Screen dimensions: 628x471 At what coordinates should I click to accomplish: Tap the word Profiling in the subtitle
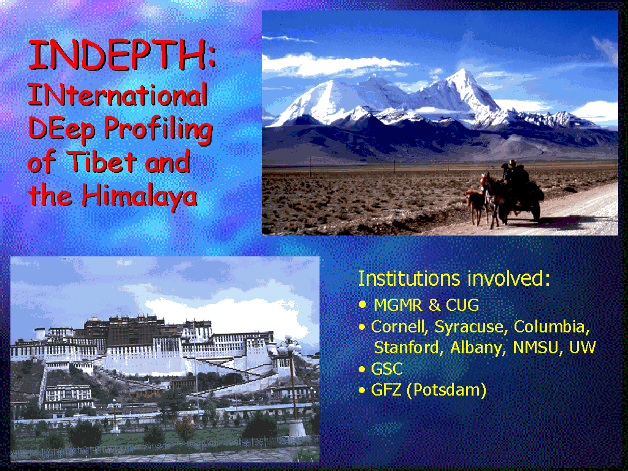click(158, 129)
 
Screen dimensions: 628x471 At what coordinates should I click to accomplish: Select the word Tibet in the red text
click(102, 161)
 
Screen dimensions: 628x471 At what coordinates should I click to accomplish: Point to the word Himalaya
click(139, 196)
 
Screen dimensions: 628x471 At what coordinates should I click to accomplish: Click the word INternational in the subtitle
click(117, 94)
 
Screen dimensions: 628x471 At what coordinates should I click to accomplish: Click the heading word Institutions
click(408, 278)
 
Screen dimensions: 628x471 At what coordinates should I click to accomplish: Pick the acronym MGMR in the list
click(398, 305)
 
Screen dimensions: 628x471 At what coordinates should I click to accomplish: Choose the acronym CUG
click(462, 305)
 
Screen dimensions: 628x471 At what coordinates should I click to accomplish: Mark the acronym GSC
click(386, 369)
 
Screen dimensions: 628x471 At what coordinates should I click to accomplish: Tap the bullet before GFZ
click(362, 390)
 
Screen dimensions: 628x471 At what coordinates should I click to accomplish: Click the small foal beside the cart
click(477, 205)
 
